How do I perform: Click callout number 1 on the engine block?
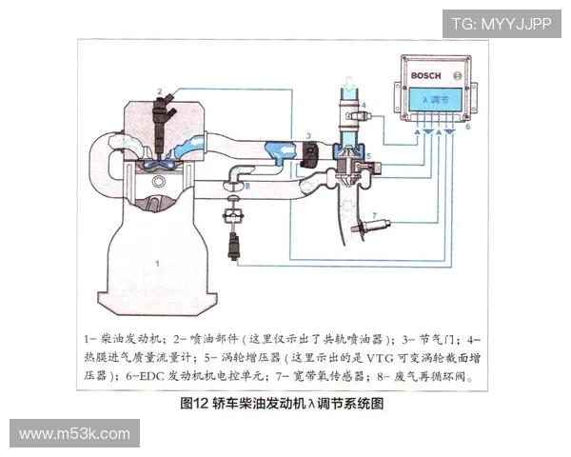[158, 258]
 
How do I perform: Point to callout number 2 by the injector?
[160, 91]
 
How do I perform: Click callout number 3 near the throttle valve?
[308, 137]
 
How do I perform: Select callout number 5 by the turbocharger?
[368, 154]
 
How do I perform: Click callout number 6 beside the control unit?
[467, 126]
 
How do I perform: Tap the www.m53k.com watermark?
[74, 433]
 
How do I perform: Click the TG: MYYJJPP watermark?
[501, 23]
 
